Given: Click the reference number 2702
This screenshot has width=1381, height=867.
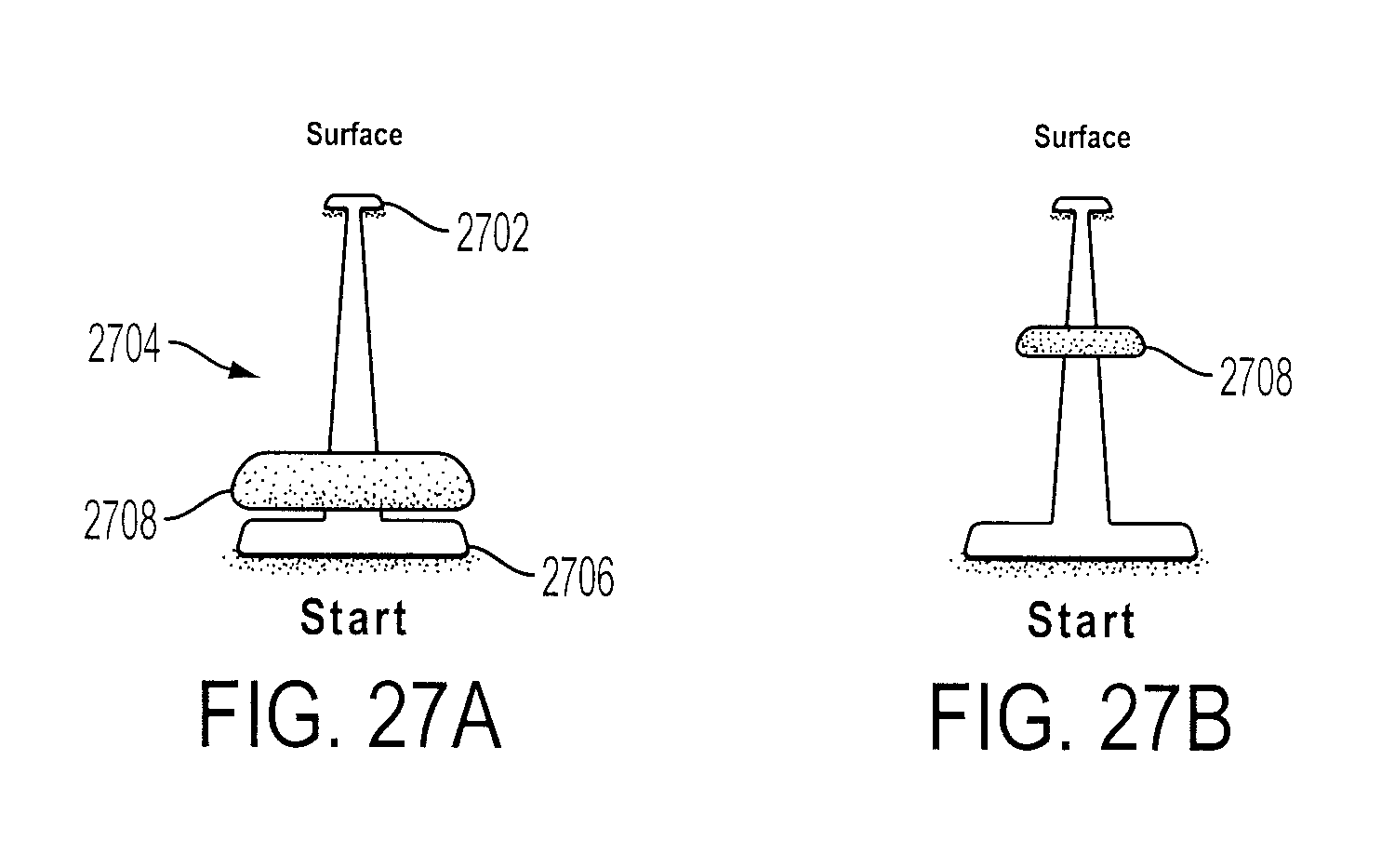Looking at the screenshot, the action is [493, 233].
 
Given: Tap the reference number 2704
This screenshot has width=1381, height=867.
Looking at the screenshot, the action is [124, 343].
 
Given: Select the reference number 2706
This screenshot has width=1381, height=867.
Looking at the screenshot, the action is [578, 577].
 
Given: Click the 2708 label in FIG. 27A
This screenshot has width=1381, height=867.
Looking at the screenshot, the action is [120, 520].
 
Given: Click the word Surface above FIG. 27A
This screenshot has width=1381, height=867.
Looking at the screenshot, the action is [354, 135].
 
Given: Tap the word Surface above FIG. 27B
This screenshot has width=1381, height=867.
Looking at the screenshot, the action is [1082, 137].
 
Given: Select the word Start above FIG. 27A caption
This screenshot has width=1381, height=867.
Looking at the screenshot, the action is [354, 618].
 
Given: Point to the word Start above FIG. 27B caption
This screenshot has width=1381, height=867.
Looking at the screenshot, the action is [1082, 620].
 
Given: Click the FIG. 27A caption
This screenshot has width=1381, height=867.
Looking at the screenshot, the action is [351, 714].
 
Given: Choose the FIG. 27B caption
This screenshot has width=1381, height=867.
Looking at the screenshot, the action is [1080, 717].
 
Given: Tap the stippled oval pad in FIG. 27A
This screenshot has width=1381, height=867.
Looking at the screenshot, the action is [353, 482].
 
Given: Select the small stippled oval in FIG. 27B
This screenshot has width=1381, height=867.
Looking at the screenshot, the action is [1080, 341].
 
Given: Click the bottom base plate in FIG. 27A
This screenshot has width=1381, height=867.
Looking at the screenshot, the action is [352, 538].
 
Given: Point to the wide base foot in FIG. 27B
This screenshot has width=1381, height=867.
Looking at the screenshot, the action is [1080, 540].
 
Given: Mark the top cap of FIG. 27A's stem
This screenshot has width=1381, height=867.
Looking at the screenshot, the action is [353, 202].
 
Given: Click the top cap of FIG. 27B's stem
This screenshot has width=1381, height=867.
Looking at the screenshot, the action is [1082, 204].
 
